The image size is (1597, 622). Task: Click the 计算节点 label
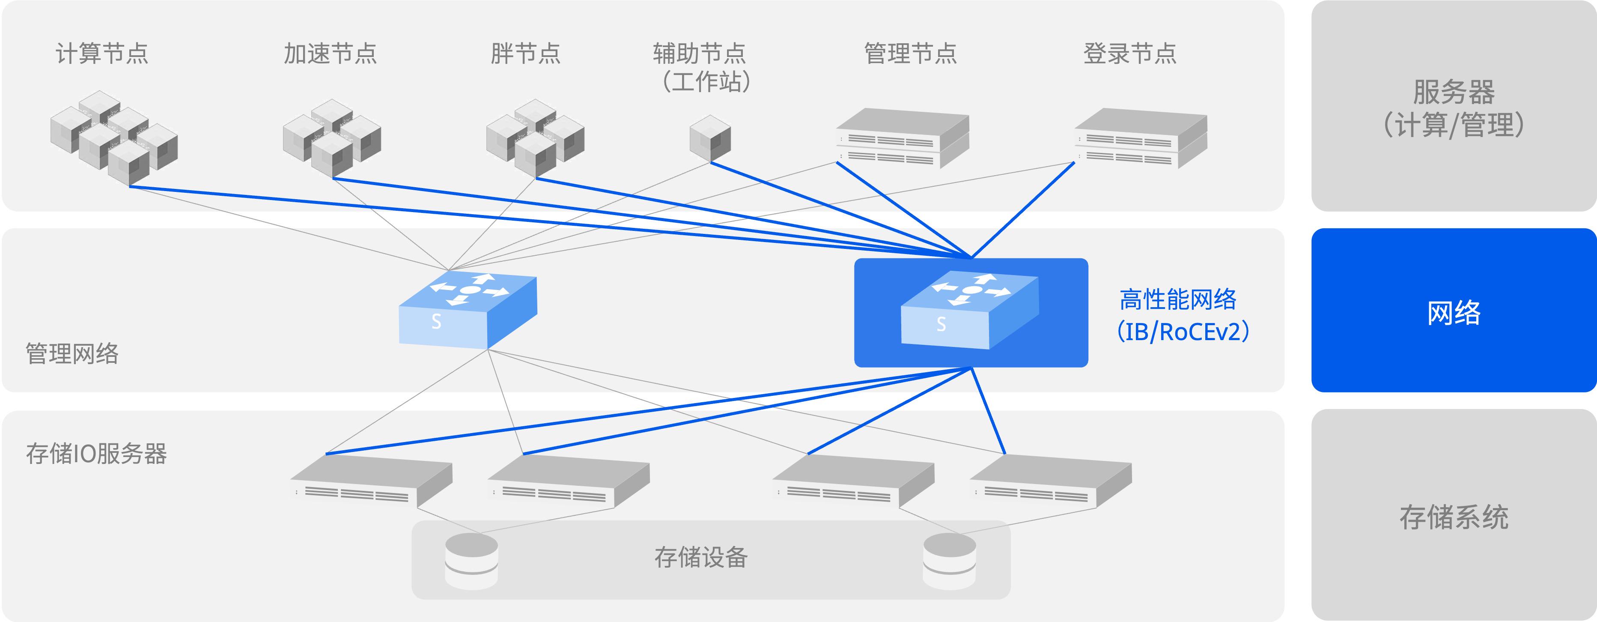(102, 53)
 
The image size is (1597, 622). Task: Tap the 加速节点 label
(331, 53)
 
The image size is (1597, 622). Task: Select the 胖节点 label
(526, 53)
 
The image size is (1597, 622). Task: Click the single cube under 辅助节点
(710, 138)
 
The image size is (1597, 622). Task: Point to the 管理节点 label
(911, 53)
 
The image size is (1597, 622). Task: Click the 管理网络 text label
(72, 353)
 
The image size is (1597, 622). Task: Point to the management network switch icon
(468, 309)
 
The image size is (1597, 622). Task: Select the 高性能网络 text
(1177, 299)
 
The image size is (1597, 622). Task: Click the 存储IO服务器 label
(96, 453)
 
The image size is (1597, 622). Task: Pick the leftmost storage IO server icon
(371, 483)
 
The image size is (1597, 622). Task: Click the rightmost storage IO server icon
(1051, 483)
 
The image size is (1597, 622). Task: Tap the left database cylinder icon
(471, 561)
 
